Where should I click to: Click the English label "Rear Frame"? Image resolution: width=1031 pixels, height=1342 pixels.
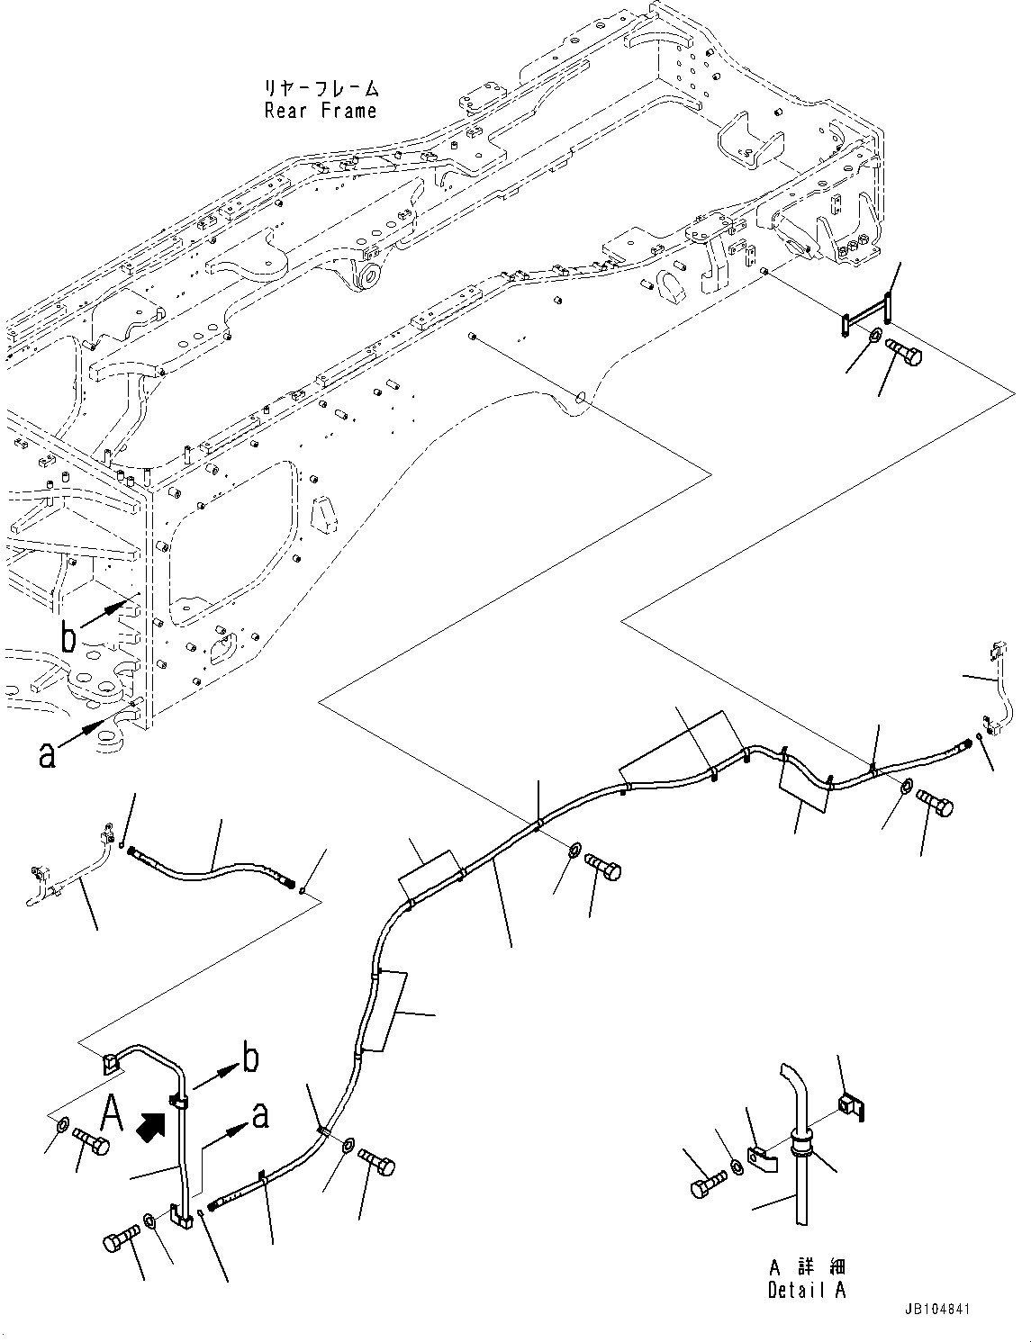tap(320, 112)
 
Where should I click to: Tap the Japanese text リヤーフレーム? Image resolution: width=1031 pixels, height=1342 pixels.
tap(320, 89)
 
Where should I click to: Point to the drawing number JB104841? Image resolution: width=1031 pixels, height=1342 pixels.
tap(935, 1310)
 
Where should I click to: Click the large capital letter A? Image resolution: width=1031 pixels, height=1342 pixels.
tap(112, 1114)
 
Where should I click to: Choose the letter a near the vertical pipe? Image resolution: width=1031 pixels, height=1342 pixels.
tap(259, 1115)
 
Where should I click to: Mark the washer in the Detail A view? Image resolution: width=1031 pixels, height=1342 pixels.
tap(737, 1167)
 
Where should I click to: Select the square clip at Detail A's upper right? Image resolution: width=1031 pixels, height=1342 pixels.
tap(851, 1106)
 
